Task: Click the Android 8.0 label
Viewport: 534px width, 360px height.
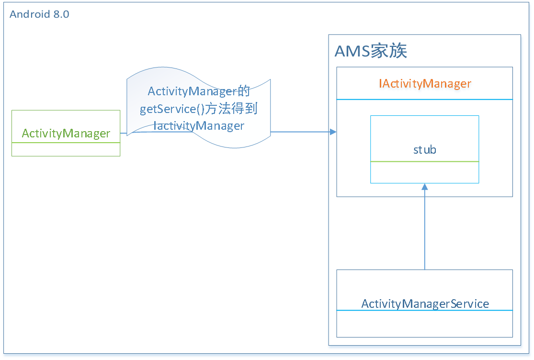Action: [39, 14]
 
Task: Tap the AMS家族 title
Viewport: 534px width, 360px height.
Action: [371, 51]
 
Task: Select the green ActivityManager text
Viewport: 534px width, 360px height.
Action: [66, 134]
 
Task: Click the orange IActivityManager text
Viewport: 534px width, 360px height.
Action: [425, 84]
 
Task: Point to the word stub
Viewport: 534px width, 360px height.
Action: [424, 150]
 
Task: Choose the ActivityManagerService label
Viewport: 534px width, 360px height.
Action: [425, 304]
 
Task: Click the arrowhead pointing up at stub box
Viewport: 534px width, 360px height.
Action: [424, 187]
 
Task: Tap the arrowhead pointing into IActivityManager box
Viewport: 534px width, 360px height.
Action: [333, 132]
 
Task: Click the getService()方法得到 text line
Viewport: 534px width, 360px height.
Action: [199, 109]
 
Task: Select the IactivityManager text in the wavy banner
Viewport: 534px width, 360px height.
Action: [199, 126]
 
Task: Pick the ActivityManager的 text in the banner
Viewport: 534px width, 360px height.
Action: [199, 91]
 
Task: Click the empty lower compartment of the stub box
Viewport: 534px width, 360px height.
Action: [424, 172]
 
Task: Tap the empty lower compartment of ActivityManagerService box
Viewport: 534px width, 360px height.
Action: [424, 324]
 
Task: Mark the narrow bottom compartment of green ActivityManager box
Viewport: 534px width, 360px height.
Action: [66, 149]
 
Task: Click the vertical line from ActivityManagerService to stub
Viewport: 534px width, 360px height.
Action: [424, 230]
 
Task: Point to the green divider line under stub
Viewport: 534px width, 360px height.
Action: [424, 162]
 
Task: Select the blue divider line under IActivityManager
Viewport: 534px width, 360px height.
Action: [424, 99]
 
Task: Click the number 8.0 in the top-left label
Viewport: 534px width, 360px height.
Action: [61, 14]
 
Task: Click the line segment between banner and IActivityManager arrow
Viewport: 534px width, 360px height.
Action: [299, 132]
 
